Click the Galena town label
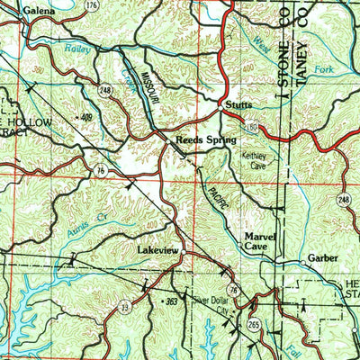click(x=27, y=7)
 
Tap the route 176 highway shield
click(x=91, y=7)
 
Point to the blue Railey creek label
click(x=79, y=50)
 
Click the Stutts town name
click(x=239, y=103)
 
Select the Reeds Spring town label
click(x=204, y=141)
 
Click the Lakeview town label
click(x=159, y=249)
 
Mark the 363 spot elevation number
click(x=171, y=299)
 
